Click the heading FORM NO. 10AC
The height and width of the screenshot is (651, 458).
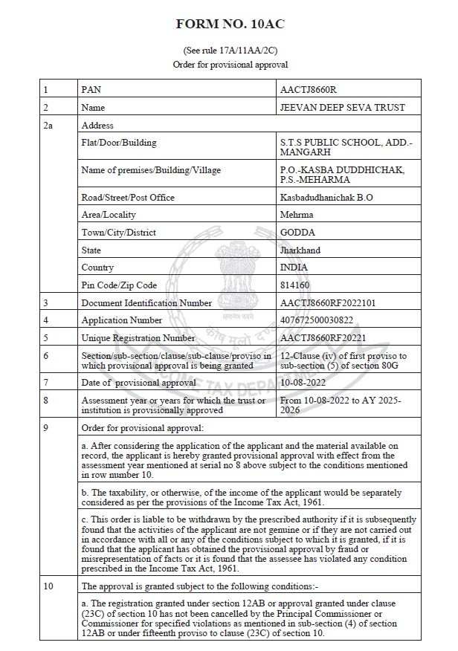tap(229, 25)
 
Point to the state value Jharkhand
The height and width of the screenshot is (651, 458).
tap(300, 250)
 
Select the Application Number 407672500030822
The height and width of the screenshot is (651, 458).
tap(320, 320)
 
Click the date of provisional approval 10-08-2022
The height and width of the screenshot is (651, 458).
tap(303, 382)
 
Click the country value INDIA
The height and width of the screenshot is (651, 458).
tap(294, 268)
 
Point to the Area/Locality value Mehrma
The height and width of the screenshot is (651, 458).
tap(296, 215)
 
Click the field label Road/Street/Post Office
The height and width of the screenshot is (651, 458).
tap(127, 197)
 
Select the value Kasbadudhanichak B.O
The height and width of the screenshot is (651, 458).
tap(326, 197)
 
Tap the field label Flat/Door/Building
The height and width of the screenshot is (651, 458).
tap(118, 143)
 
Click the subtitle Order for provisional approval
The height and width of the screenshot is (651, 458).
tap(229, 64)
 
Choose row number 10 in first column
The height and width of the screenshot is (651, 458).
tap(48, 586)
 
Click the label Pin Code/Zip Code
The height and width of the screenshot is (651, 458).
tap(119, 285)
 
